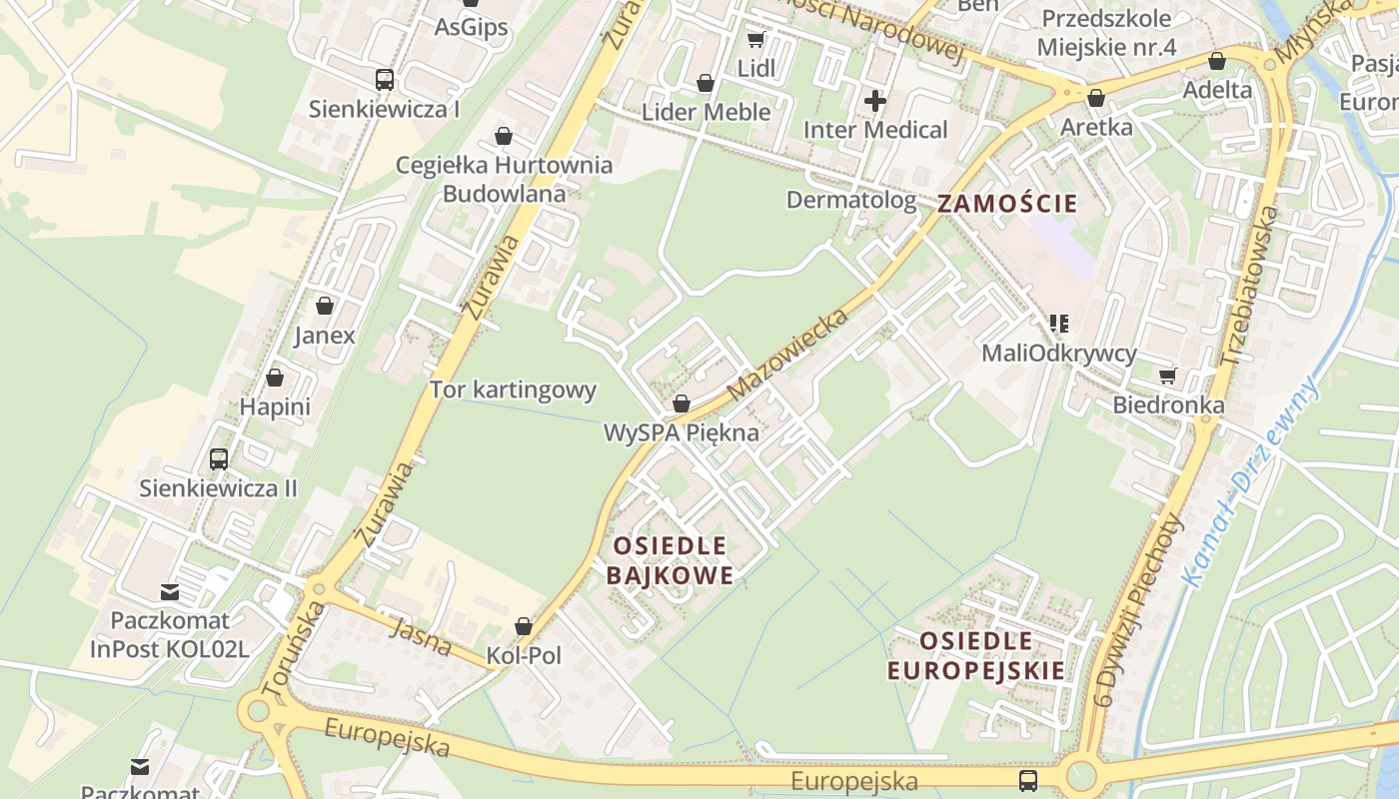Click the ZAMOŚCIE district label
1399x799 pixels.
click(x=1007, y=204)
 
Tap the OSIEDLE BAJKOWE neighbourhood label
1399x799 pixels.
click(x=670, y=560)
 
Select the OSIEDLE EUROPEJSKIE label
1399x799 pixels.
click(x=976, y=655)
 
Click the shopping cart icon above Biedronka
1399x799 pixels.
click(x=1167, y=377)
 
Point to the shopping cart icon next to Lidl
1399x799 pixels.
click(x=755, y=40)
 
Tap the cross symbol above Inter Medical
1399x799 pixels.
click(x=875, y=101)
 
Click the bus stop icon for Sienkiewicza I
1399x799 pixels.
click(x=384, y=80)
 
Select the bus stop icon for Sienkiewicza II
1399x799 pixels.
click(x=218, y=459)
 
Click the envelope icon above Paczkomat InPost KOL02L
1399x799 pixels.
click(x=170, y=592)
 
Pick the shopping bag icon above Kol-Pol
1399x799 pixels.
click(x=523, y=627)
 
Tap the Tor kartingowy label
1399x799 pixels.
click(x=513, y=390)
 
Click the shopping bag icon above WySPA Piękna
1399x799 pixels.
click(x=681, y=404)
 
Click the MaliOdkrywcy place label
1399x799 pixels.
click(x=1059, y=353)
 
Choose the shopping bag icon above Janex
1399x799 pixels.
click(x=324, y=306)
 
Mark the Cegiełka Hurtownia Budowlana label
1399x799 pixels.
click(x=504, y=179)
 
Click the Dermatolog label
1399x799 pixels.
click(x=850, y=200)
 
